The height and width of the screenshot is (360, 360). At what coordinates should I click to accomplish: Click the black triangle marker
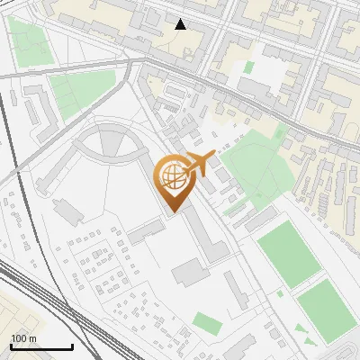(x=181, y=24)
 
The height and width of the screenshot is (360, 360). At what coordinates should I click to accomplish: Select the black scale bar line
(x=41, y=346)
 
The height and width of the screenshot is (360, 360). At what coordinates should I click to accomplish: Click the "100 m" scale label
(x=24, y=337)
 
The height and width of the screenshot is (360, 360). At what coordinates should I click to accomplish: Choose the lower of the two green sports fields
(x=327, y=310)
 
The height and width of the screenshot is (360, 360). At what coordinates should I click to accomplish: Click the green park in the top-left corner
(x=30, y=40)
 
